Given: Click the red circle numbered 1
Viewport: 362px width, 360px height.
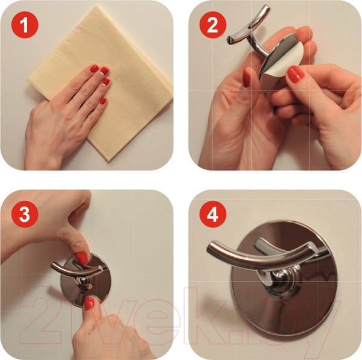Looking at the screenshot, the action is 25,25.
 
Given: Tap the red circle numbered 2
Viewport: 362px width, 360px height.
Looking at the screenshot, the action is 213,25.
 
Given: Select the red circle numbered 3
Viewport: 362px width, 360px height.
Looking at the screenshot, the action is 25,214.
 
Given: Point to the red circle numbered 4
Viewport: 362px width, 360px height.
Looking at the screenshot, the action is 213,214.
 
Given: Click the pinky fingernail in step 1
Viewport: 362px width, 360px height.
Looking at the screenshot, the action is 103,101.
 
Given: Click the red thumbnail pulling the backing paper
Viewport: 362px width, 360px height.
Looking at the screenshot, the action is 295,74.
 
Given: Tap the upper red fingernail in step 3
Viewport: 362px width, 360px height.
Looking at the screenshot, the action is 81,257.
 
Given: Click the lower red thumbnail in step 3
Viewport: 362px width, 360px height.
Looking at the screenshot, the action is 89,303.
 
